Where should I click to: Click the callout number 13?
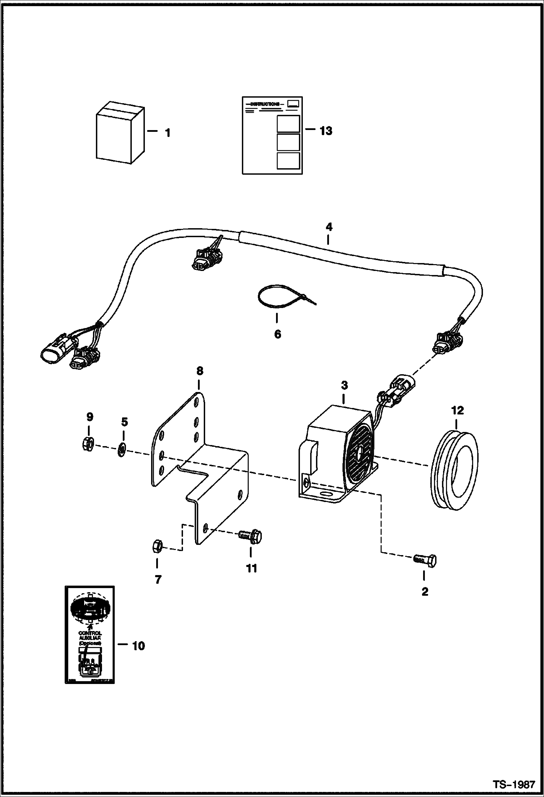(x=326, y=131)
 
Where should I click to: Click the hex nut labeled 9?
(x=88, y=443)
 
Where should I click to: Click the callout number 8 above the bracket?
(x=199, y=371)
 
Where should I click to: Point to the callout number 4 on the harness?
(x=329, y=227)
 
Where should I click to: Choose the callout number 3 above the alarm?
(x=344, y=385)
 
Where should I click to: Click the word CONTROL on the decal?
(x=90, y=633)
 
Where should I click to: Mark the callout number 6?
(x=277, y=334)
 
